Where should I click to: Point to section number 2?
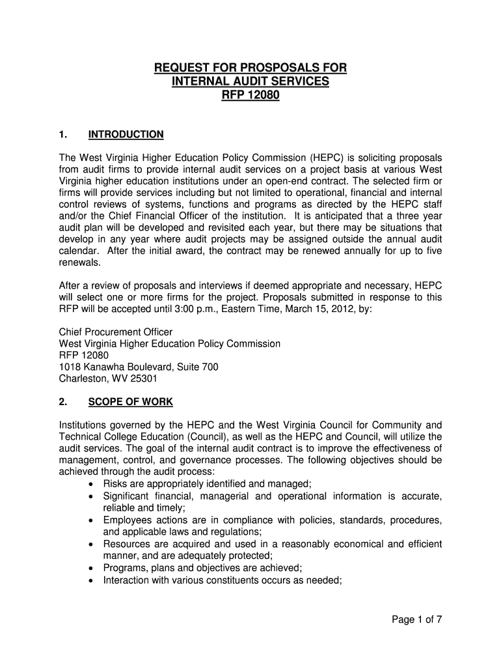coord(63,401)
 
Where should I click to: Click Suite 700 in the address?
coord(198,367)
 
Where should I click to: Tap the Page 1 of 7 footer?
coord(416,620)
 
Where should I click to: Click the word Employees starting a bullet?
coord(127,520)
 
